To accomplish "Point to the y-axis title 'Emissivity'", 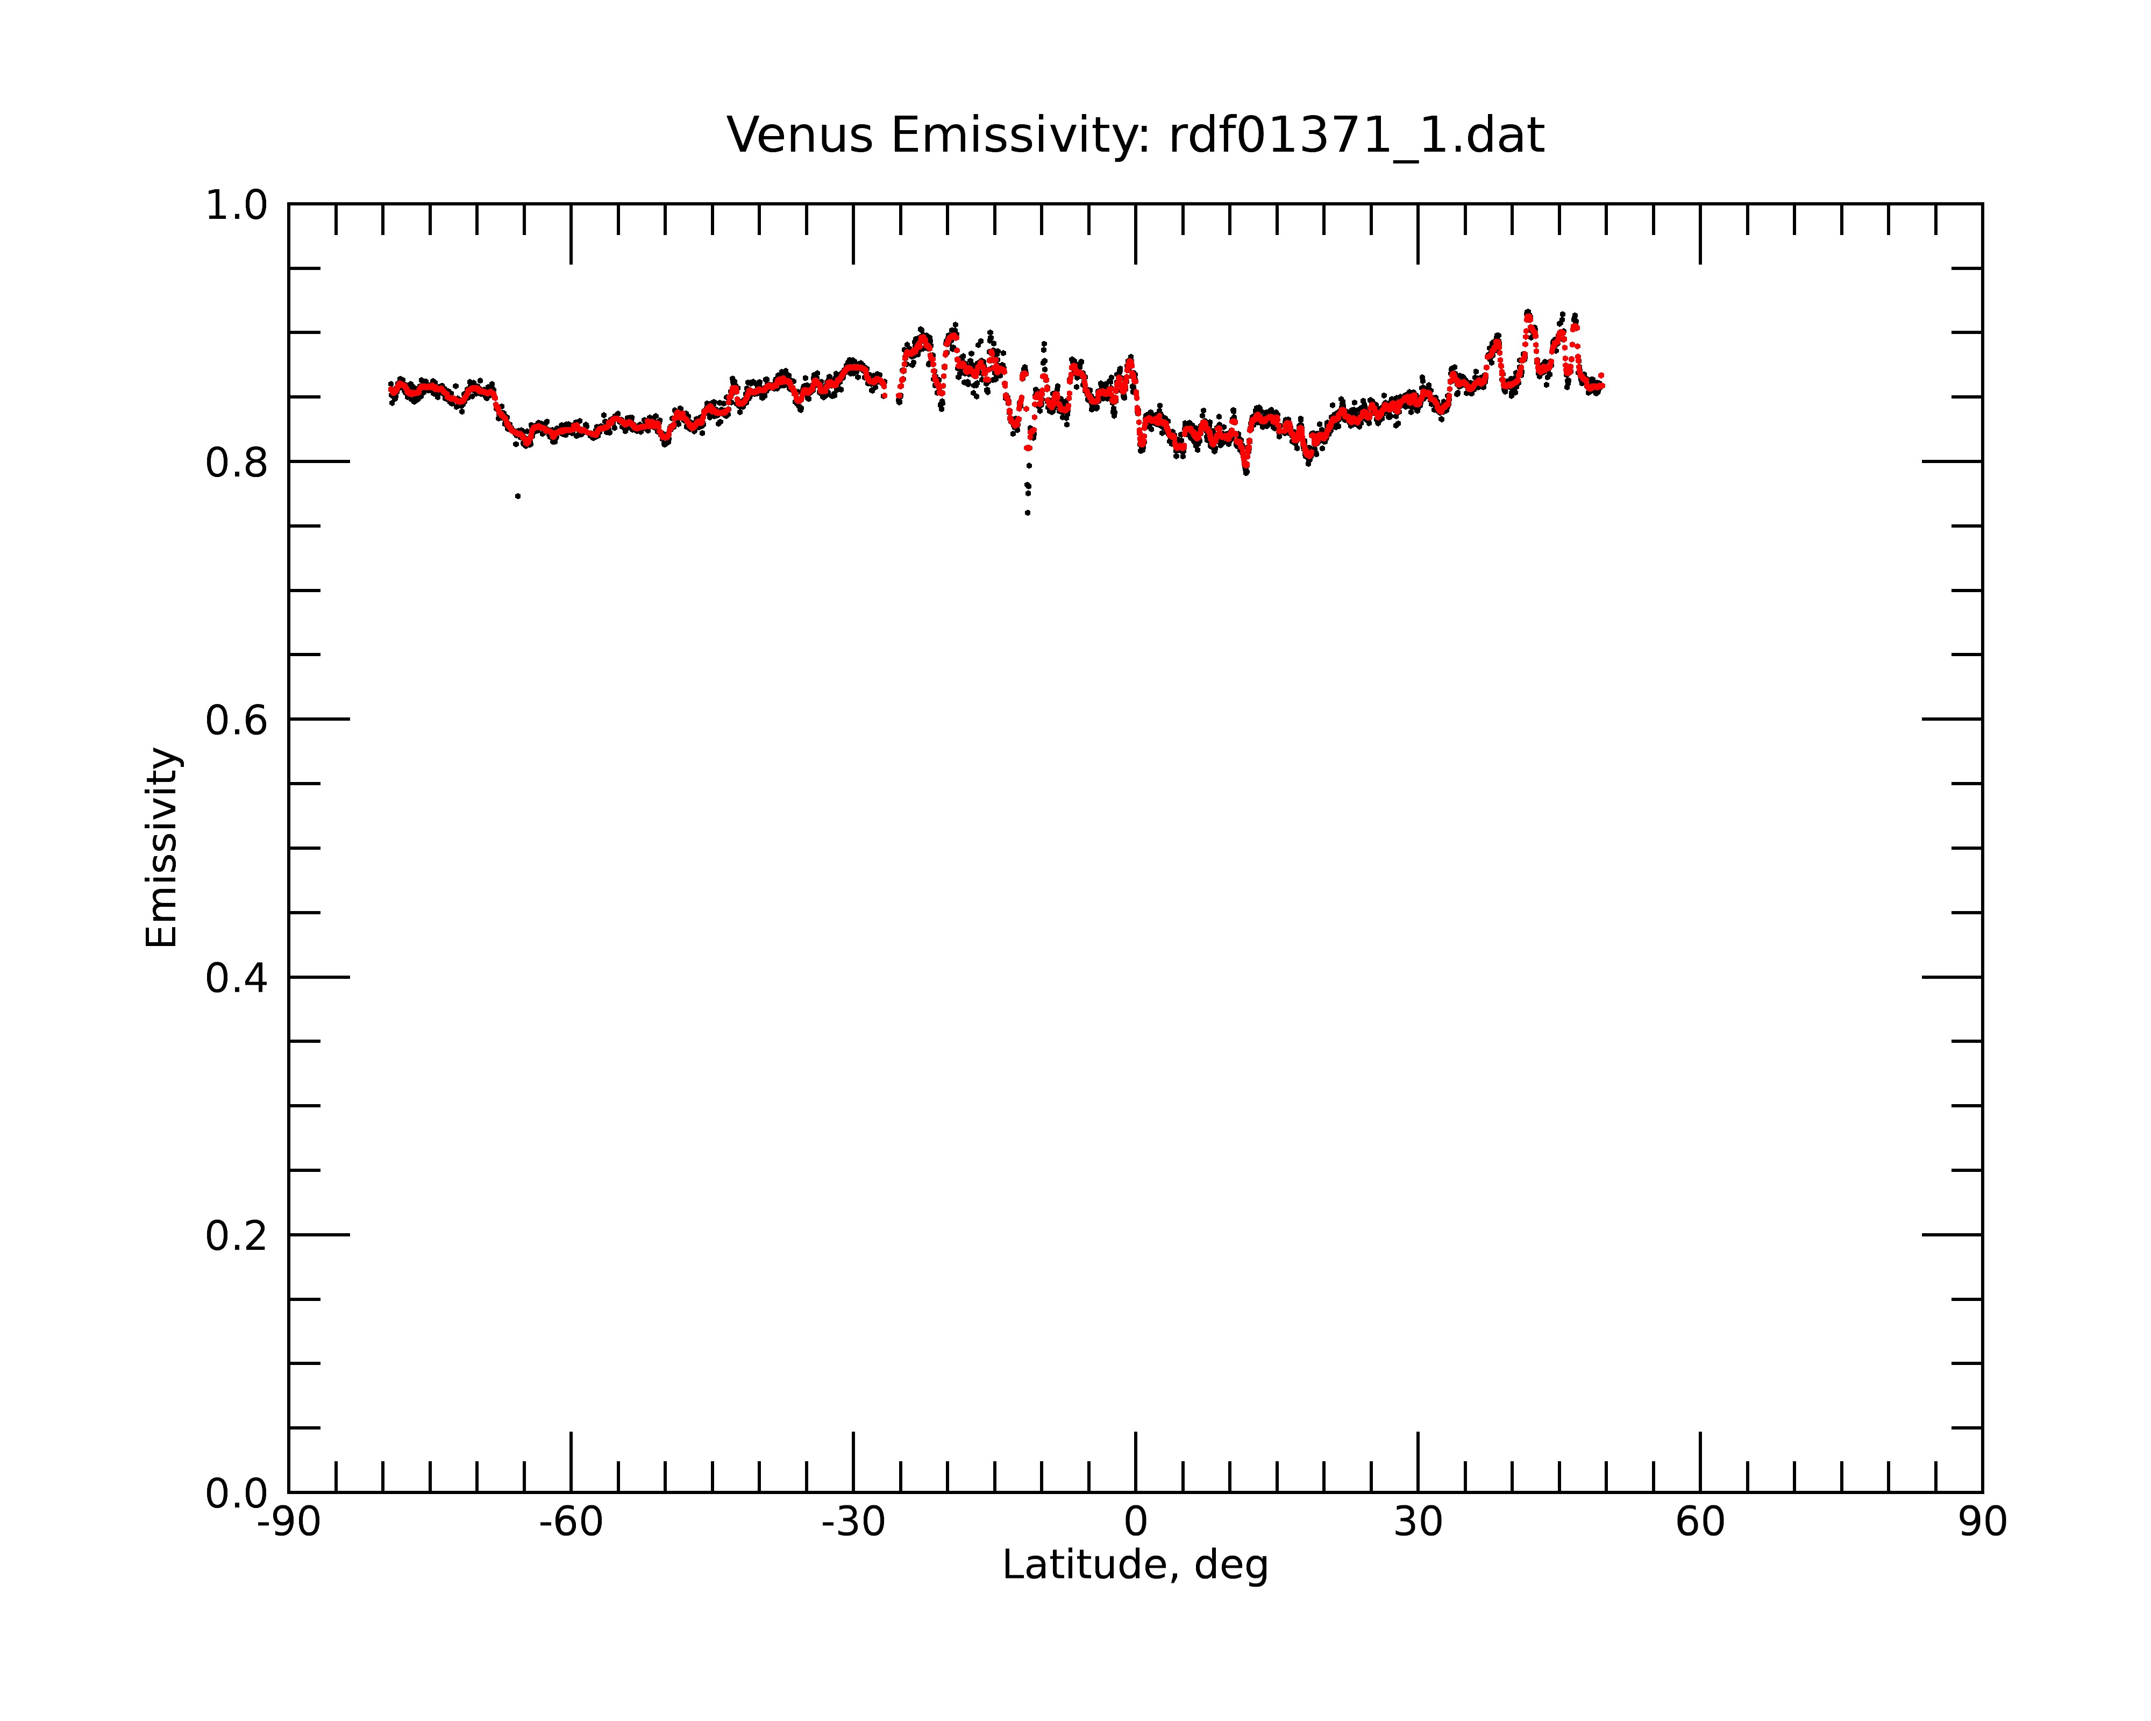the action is (x=162, y=847).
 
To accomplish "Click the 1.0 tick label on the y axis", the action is (x=237, y=205).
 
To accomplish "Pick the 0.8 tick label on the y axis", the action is (x=237, y=463).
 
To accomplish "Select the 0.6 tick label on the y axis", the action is (x=237, y=720).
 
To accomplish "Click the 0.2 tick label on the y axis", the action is (x=237, y=1236).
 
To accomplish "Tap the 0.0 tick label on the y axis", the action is (x=237, y=1494).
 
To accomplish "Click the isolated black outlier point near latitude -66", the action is (x=518, y=496).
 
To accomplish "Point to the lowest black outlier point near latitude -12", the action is (x=1028, y=513).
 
